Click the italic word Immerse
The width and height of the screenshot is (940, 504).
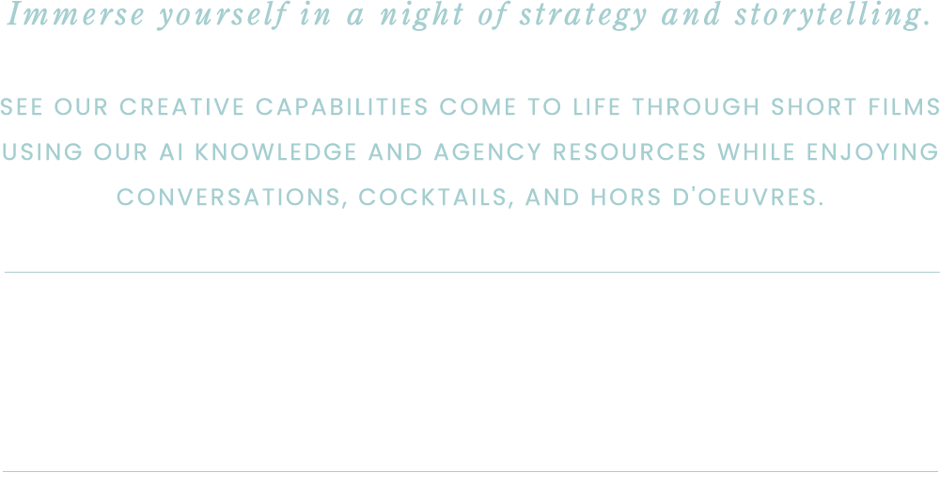(x=75, y=14)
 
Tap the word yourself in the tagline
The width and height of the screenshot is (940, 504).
(x=224, y=16)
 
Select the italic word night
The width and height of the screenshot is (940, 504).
(x=423, y=16)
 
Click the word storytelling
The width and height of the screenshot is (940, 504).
(x=833, y=16)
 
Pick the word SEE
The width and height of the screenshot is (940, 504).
(x=22, y=107)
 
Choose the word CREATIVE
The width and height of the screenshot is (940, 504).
(x=182, y=107)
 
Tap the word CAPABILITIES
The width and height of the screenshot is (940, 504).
(x=342, y=107)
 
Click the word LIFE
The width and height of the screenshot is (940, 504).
(x=597, y=107)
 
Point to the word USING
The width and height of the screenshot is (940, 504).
(x=42, y=151)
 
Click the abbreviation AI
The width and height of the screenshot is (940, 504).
(x=171, y=151)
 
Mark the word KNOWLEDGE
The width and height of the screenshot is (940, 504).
(x=275, y=151)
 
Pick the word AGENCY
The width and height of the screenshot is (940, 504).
(x=487, y=151)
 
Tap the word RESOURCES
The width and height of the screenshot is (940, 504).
(x=630, y=151)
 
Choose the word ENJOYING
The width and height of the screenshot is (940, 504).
(x=872, y=151)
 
